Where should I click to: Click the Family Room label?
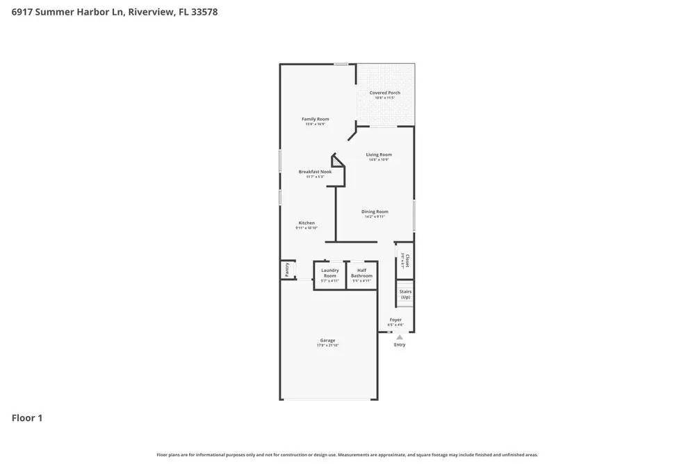coord(315,119)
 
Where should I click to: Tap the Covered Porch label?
coord(384,93)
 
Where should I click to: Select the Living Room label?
coord(379,154)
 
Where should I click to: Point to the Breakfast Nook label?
coord(315,171)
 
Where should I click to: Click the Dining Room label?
coord(375,211)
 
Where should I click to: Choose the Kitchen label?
coord(306,223)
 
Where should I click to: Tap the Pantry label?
coord(287,269)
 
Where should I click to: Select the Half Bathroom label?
coord(361,273)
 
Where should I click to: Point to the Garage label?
coord(327,340)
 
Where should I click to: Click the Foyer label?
coord(395,320)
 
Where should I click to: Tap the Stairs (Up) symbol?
coord(405,294)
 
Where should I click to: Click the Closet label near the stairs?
coord(407,260)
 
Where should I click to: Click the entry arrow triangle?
coord(400,337)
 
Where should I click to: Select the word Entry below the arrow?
coord(400,345)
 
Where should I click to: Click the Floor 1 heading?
coord(27,418)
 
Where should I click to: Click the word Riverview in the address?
coord(151,12)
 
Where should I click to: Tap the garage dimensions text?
coord(327,346)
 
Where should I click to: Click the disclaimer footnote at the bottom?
coord(347,455)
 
